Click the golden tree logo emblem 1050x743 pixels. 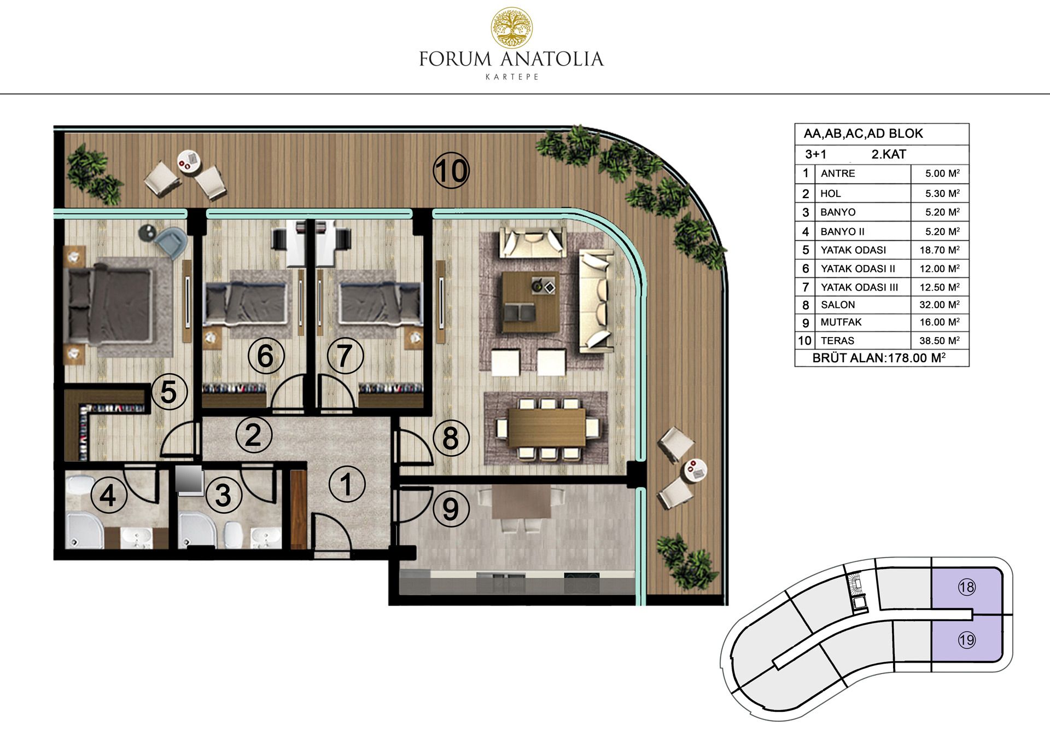(511, 27)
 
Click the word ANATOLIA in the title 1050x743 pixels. (552, 59)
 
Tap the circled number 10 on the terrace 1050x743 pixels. (451, 171)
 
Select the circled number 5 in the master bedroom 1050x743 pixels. (169, 392)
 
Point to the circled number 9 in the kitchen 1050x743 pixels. (451, 509)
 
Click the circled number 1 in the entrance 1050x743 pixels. (347, 484)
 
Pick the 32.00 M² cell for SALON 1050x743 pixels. (940, 305)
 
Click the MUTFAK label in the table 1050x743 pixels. (841, 322)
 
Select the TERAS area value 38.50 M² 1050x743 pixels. (940, 340)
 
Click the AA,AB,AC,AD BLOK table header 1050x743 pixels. (863, 133)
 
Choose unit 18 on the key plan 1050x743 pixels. (967, 587)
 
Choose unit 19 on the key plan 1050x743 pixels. (967, 640)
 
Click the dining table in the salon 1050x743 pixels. (547, 428)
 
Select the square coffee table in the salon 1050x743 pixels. (530, 302)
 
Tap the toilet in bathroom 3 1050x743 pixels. (234, 533)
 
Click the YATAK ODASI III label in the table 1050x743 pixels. (859, 287)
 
